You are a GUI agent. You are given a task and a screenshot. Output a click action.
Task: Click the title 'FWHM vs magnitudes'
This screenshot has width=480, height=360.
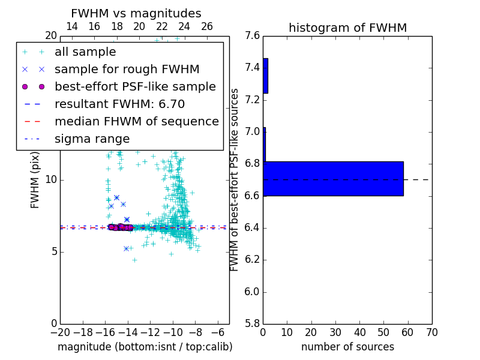coord(136,13)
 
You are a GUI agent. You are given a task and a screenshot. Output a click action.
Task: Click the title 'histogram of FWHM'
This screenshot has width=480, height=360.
coord(348,28)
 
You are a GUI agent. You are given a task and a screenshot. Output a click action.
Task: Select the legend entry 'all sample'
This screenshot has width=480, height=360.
coord(85,52)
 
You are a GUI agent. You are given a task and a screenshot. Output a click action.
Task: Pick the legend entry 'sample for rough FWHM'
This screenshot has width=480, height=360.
coord(127,69)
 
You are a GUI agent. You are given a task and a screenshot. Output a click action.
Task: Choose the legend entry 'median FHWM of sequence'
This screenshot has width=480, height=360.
coord(137,121)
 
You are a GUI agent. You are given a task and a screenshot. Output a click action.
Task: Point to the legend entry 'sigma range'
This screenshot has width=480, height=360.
coord(92,139)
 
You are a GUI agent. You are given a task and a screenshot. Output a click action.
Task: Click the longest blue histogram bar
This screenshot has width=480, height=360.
coord(333,178)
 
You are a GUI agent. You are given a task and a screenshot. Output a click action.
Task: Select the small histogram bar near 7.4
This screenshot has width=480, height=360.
coord(265,76)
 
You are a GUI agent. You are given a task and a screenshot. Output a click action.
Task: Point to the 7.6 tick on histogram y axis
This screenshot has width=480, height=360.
coord(253,35)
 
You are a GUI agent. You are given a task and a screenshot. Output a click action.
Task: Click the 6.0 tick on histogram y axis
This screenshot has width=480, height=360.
coord(253,292)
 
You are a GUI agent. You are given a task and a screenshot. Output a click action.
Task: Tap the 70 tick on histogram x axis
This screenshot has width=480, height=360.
coord(431,332)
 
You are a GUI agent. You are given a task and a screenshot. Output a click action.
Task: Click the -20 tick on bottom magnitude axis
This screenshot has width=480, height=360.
coord(60,332)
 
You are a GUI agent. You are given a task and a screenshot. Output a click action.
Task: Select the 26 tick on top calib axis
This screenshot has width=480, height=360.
coord(207,26)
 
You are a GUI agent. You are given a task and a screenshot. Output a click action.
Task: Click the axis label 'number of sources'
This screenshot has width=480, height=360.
coord(347,347)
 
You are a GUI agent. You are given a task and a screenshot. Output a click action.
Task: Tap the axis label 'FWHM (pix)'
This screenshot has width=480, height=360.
coord(35,181)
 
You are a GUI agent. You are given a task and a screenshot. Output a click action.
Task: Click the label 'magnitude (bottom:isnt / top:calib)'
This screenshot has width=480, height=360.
coord(145,347)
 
